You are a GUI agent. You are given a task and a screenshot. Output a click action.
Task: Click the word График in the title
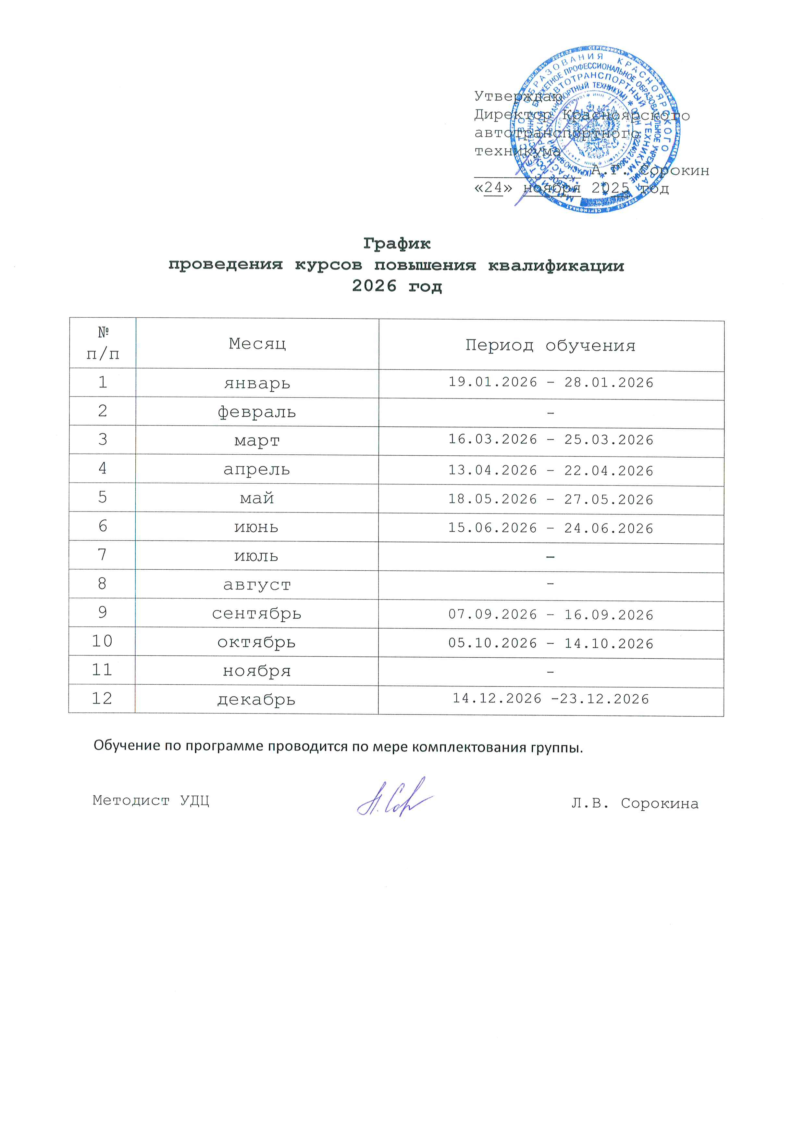coord(397,244)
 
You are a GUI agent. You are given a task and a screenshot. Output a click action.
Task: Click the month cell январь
coord(257,383)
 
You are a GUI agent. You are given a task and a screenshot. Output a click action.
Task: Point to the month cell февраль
coord(257,412)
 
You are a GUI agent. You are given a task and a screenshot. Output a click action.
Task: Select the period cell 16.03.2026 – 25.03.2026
coord(551,439)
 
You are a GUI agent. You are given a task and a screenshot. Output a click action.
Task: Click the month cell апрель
coord(257,469)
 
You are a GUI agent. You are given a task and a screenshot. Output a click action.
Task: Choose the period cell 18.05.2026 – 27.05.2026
coord(551,499)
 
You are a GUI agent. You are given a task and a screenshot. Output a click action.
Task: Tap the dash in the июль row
coord(550,557)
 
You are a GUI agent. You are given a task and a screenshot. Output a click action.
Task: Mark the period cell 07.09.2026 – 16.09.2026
coord(551,614)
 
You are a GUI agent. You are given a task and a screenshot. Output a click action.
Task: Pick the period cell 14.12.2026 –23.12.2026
coord(551,699)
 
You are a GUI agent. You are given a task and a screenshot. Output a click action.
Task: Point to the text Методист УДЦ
coord(151,800)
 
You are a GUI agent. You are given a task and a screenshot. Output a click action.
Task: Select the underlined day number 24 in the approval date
coord(493,187)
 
